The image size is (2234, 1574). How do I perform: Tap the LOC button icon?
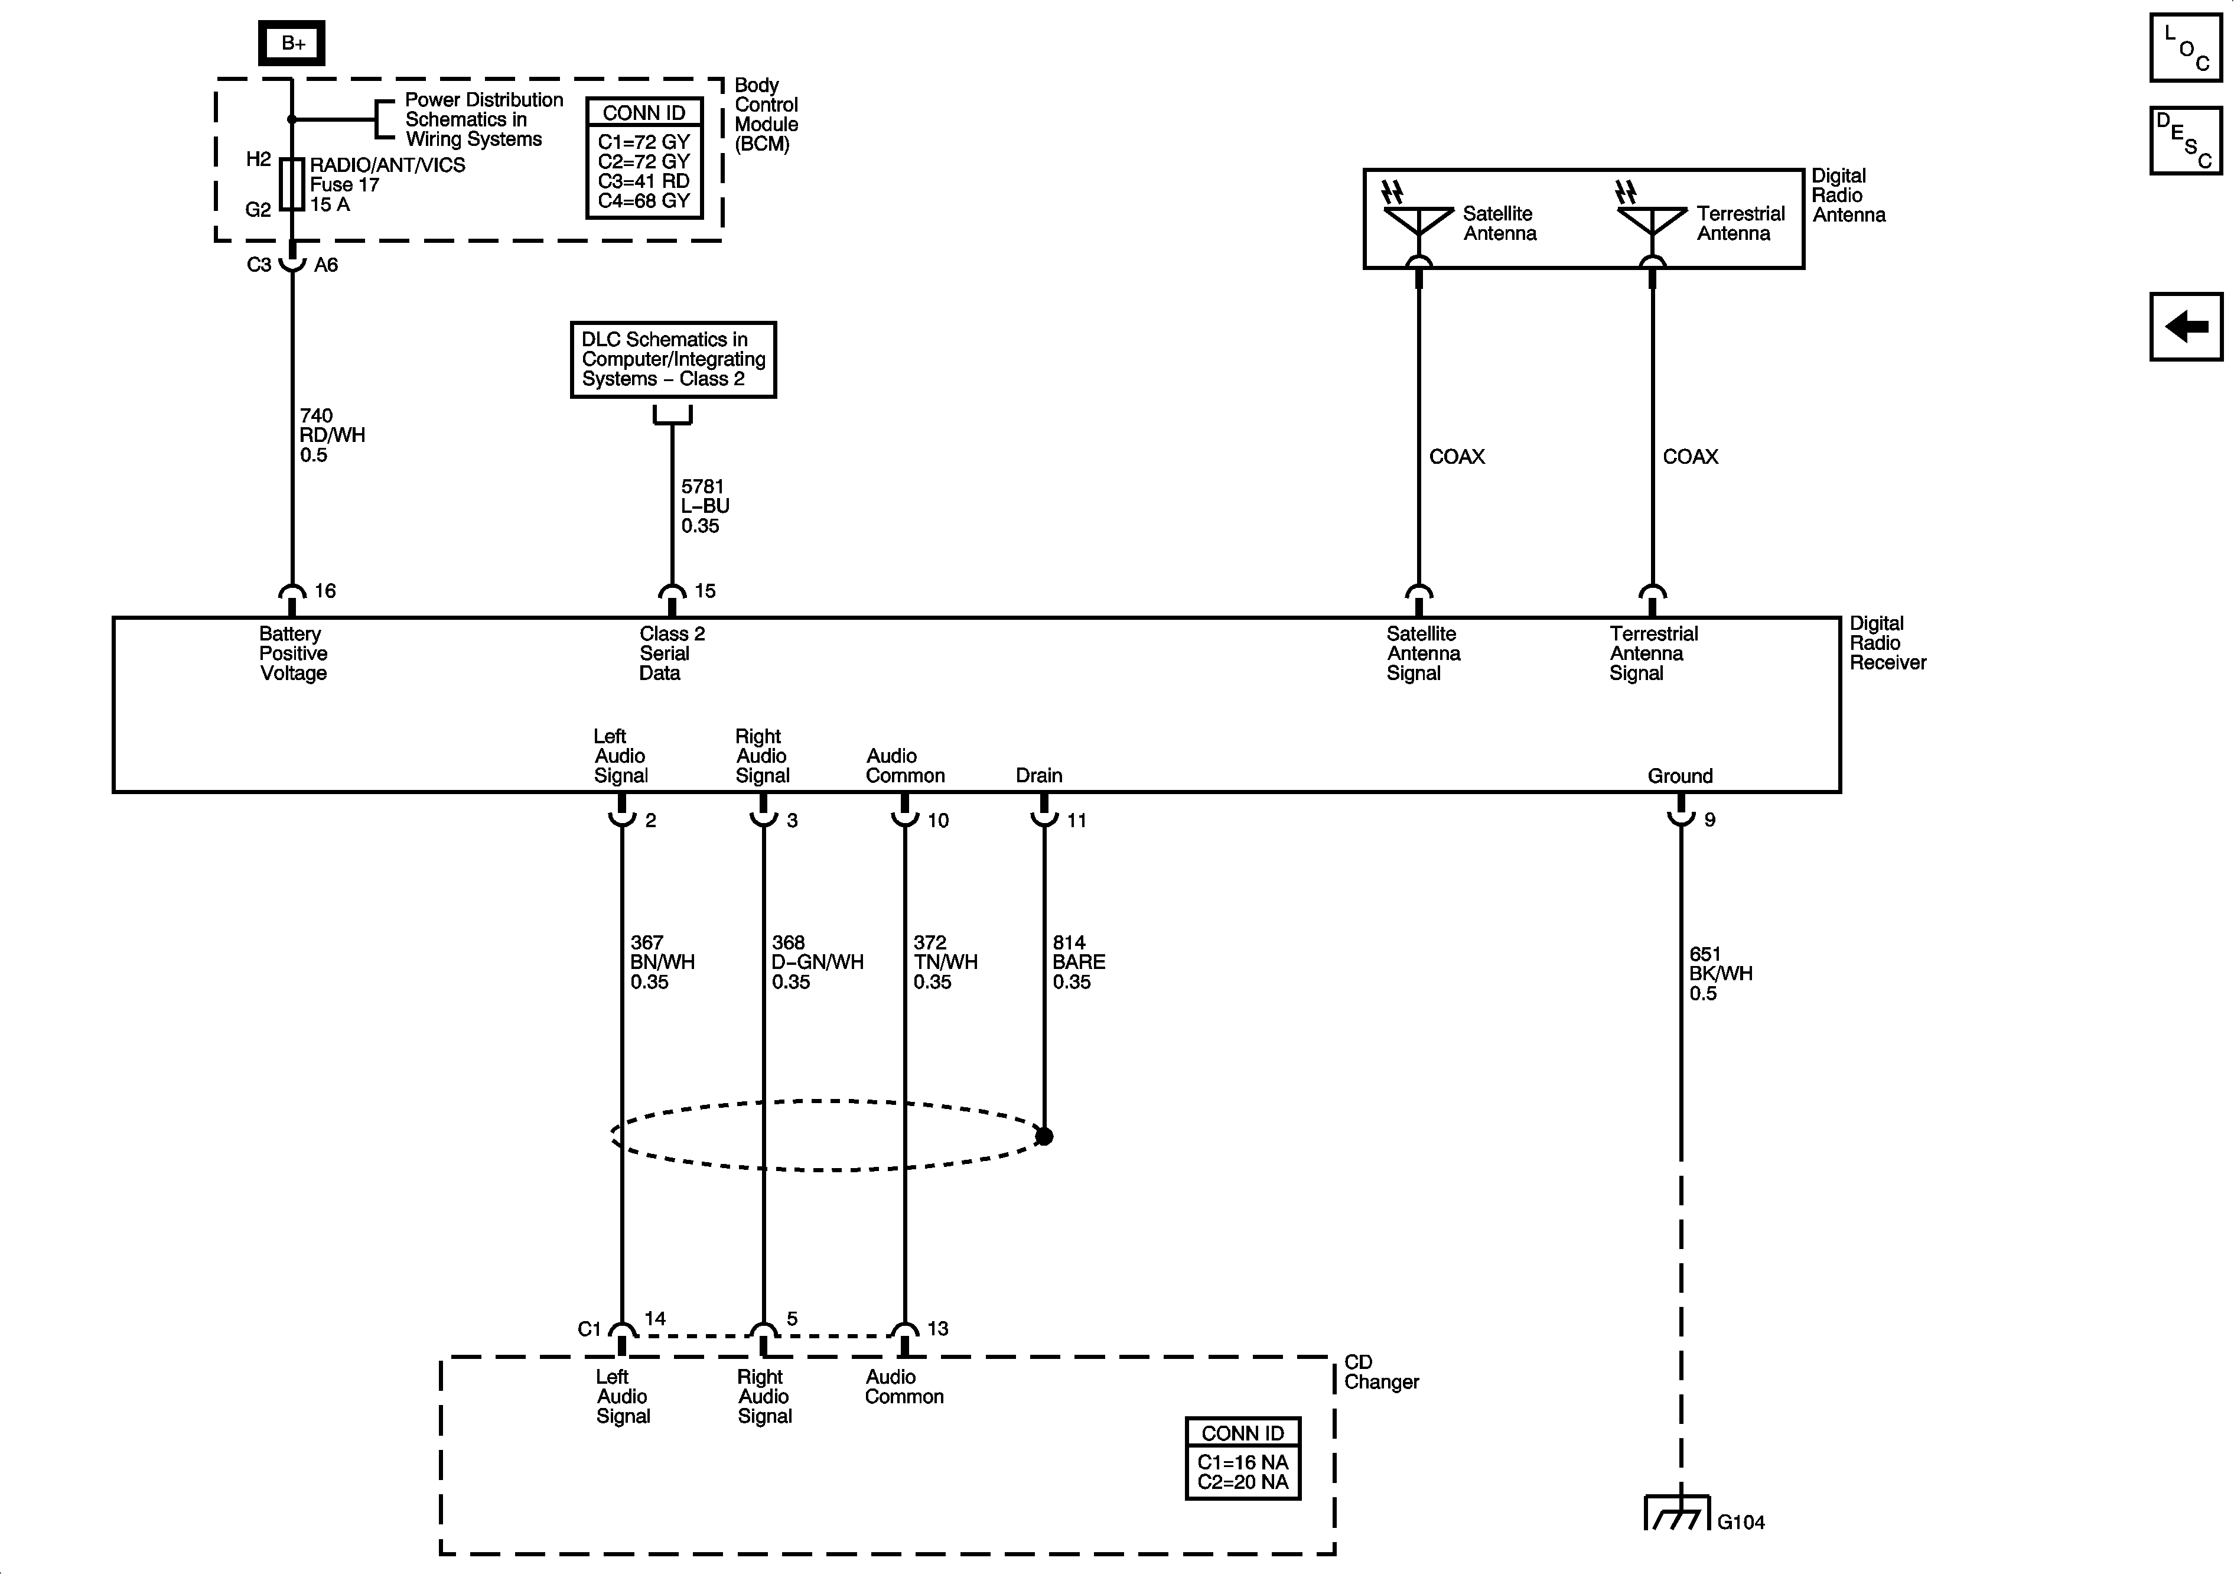click(x=2186, y=48)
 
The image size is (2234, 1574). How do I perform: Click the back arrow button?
click(x=2186, y=326)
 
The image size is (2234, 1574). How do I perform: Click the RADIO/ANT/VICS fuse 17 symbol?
click(x=292, y=185)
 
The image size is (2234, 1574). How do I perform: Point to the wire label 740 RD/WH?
click(x=332, y=435)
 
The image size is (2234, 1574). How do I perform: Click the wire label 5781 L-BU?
click(x=705, y=506)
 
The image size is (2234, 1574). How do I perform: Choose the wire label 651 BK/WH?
click(x=1720, y=973)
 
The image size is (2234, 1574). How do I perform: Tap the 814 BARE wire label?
click(x=1078, y=962)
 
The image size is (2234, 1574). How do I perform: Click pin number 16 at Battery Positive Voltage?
click(x=325, y=591)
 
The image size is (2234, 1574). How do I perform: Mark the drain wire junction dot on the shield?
click(x=1044, y=1136)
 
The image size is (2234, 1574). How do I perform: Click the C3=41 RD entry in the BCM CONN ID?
click(x=643, y=181)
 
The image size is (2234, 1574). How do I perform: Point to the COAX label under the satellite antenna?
click(x=1457, y=457)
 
